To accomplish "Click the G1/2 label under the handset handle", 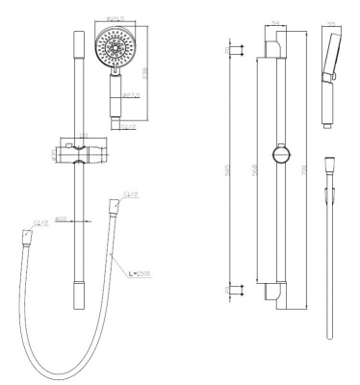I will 128,125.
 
